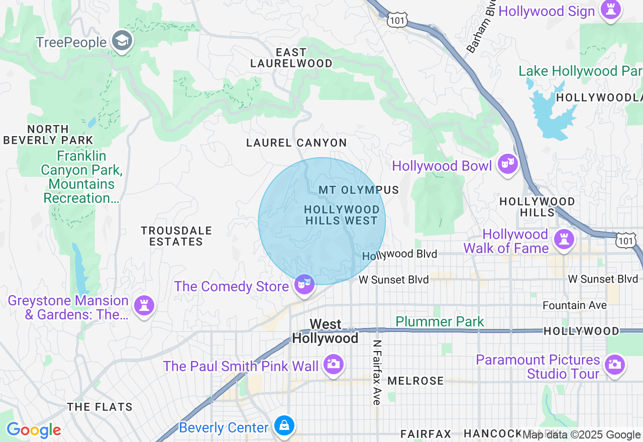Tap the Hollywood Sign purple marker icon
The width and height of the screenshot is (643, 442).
tap(611, 10)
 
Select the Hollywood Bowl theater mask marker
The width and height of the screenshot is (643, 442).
tap(508, 164)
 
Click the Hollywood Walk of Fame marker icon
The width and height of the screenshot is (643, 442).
tap(564, 240)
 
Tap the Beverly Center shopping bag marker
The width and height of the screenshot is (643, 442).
tap(284, 426)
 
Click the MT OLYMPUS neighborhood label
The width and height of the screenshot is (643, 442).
tap(359, 190)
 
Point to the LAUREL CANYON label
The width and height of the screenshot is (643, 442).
tap(296, 143)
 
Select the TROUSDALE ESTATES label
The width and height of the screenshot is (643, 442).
tap(176, 236)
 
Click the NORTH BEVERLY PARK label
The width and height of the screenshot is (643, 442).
tap(48, 135)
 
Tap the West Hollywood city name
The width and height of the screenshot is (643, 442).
tap(326, 331)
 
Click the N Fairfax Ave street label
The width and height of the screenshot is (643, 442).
tap(376, 372)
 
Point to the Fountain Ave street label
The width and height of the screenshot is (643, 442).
tap(574, 305)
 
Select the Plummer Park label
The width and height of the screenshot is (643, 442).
tap(440, 321)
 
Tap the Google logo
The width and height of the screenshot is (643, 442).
tap(34, 430)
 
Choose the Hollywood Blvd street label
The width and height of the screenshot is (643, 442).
tap(400, 255)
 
